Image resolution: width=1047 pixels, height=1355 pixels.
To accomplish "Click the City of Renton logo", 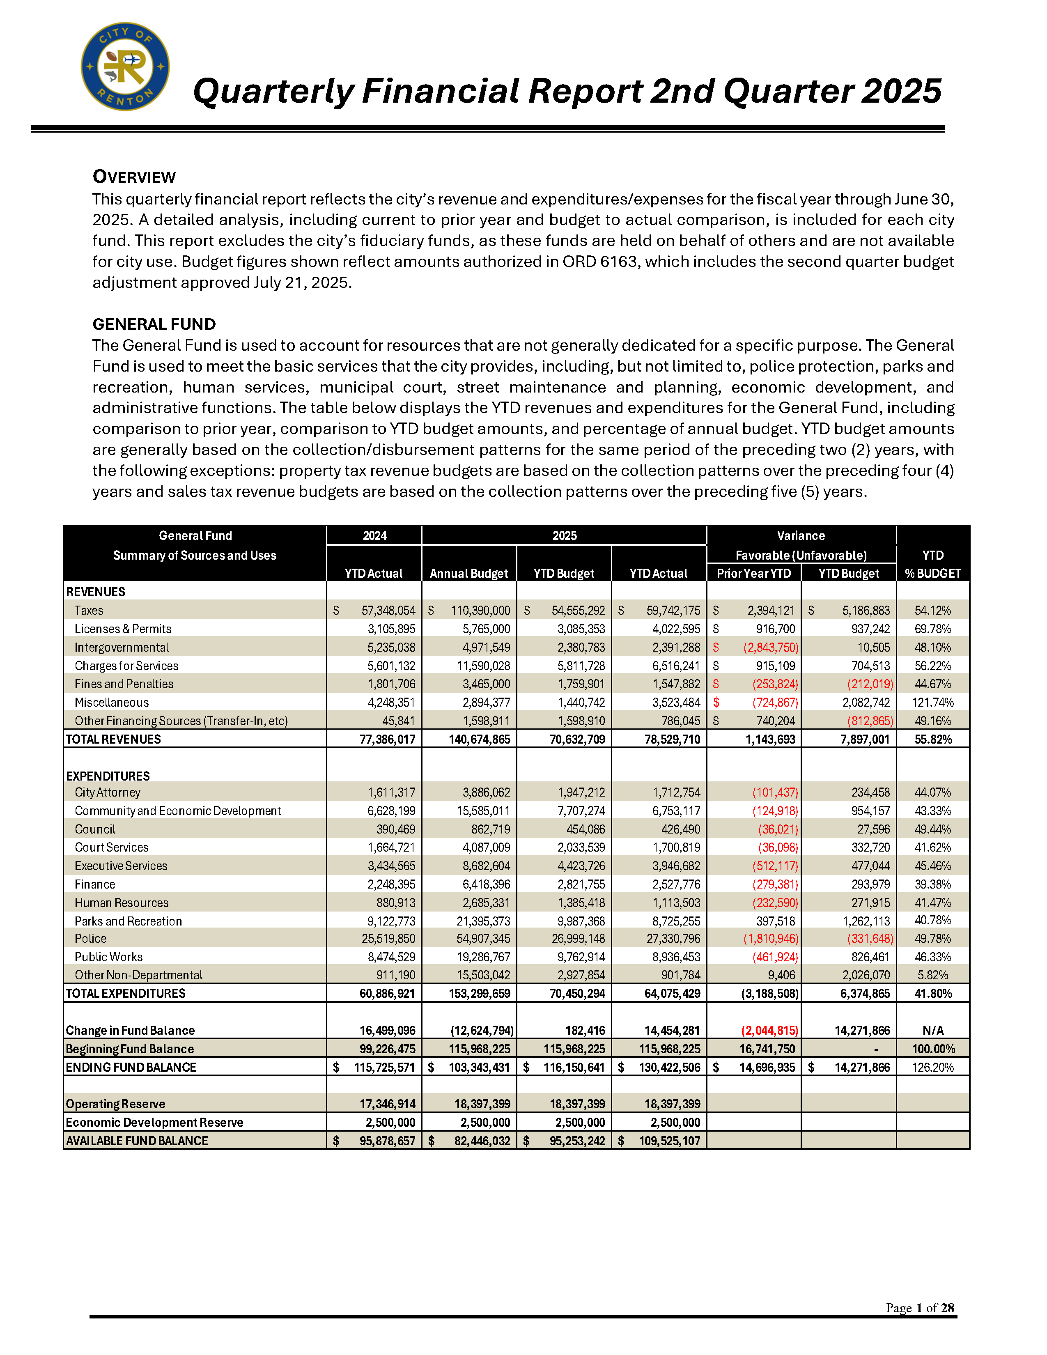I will (x=125, y=67).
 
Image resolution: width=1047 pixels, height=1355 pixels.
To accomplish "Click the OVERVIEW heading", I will (x=134, y=177).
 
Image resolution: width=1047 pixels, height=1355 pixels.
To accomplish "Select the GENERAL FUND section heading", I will (x=154, y=324).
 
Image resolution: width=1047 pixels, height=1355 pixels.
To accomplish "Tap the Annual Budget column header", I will (x=468, y=573).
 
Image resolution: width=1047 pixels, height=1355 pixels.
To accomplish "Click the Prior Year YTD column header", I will (x=753, y=573).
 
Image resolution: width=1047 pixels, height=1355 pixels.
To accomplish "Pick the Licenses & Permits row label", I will (x=123, y=629).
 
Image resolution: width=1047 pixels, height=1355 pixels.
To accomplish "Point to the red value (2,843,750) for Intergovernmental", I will (x=771, y=647).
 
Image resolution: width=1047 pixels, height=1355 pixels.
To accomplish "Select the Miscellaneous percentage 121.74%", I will (x=932, y=702).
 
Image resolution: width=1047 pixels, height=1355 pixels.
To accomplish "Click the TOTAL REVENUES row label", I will (x=113, y=739).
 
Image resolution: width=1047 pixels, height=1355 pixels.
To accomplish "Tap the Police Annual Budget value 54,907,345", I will (x=483, y=939).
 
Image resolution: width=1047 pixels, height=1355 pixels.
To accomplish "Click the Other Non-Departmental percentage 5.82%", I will (x=932, y=975).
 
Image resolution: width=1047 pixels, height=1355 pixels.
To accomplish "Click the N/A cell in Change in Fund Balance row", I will (x=932, y=1031).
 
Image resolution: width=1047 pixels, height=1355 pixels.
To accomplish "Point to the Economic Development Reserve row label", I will (x=154, y=1122).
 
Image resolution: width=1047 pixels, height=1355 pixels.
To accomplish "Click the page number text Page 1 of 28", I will (x=919, y=1308).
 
